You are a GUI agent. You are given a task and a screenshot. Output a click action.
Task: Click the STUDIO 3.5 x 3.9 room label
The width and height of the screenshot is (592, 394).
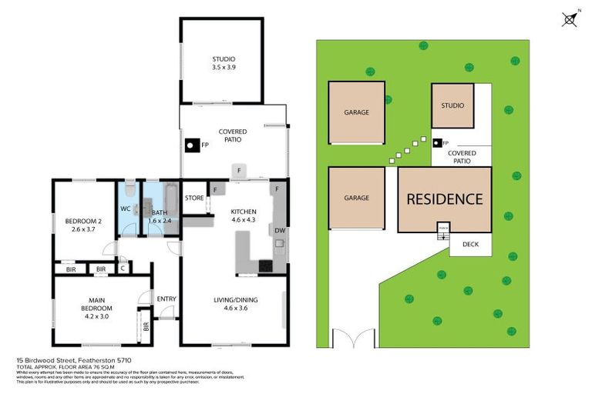point(224,63)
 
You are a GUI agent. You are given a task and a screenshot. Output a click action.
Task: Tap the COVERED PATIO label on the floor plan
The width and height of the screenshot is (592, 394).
point(232,136)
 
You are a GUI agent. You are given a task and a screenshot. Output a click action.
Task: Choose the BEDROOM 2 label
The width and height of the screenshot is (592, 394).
point(83,225)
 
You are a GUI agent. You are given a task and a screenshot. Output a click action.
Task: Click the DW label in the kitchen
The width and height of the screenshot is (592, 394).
point(278,230)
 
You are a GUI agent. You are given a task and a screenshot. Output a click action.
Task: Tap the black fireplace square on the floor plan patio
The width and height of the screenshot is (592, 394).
point(190,144)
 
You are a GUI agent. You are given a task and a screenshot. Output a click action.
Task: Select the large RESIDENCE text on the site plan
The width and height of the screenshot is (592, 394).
point(445,199)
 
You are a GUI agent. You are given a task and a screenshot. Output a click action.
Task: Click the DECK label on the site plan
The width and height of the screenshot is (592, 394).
point(469,245)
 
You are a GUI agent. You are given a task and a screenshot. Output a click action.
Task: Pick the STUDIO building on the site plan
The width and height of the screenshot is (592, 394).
point(452,105)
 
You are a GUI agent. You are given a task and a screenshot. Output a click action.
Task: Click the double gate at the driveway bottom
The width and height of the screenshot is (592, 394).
point(351,338)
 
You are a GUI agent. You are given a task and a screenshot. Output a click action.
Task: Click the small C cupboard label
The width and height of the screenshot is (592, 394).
point(123,269)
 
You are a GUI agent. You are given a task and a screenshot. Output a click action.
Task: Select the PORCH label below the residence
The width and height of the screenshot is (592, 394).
point(442,228)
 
